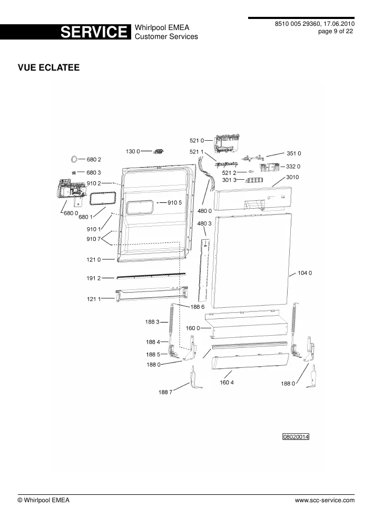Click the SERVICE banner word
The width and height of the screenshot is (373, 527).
(94, 32)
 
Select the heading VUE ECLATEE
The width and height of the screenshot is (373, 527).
(48, 67)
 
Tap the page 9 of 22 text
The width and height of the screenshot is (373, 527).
(336, 31)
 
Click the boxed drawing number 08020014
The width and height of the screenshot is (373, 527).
(296, 436)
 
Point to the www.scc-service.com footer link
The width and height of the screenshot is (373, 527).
(325, 500)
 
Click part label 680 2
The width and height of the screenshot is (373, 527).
(94, 159)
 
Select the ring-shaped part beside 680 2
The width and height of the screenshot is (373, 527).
(74, 159)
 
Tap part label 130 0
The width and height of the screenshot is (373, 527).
(133, 151)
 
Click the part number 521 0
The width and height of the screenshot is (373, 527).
(197, 141)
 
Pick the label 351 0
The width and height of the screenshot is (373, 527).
(293, 153)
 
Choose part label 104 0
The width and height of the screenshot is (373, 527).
(305, 273)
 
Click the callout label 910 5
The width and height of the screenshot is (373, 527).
(175, 203)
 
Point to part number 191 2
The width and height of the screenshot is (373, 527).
(94, 278)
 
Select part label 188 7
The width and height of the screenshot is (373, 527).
(165, 392)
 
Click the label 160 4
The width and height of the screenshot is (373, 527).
(227, 382)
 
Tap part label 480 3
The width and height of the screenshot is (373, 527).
(204, 223)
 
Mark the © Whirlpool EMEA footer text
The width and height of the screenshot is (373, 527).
(43, 500)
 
